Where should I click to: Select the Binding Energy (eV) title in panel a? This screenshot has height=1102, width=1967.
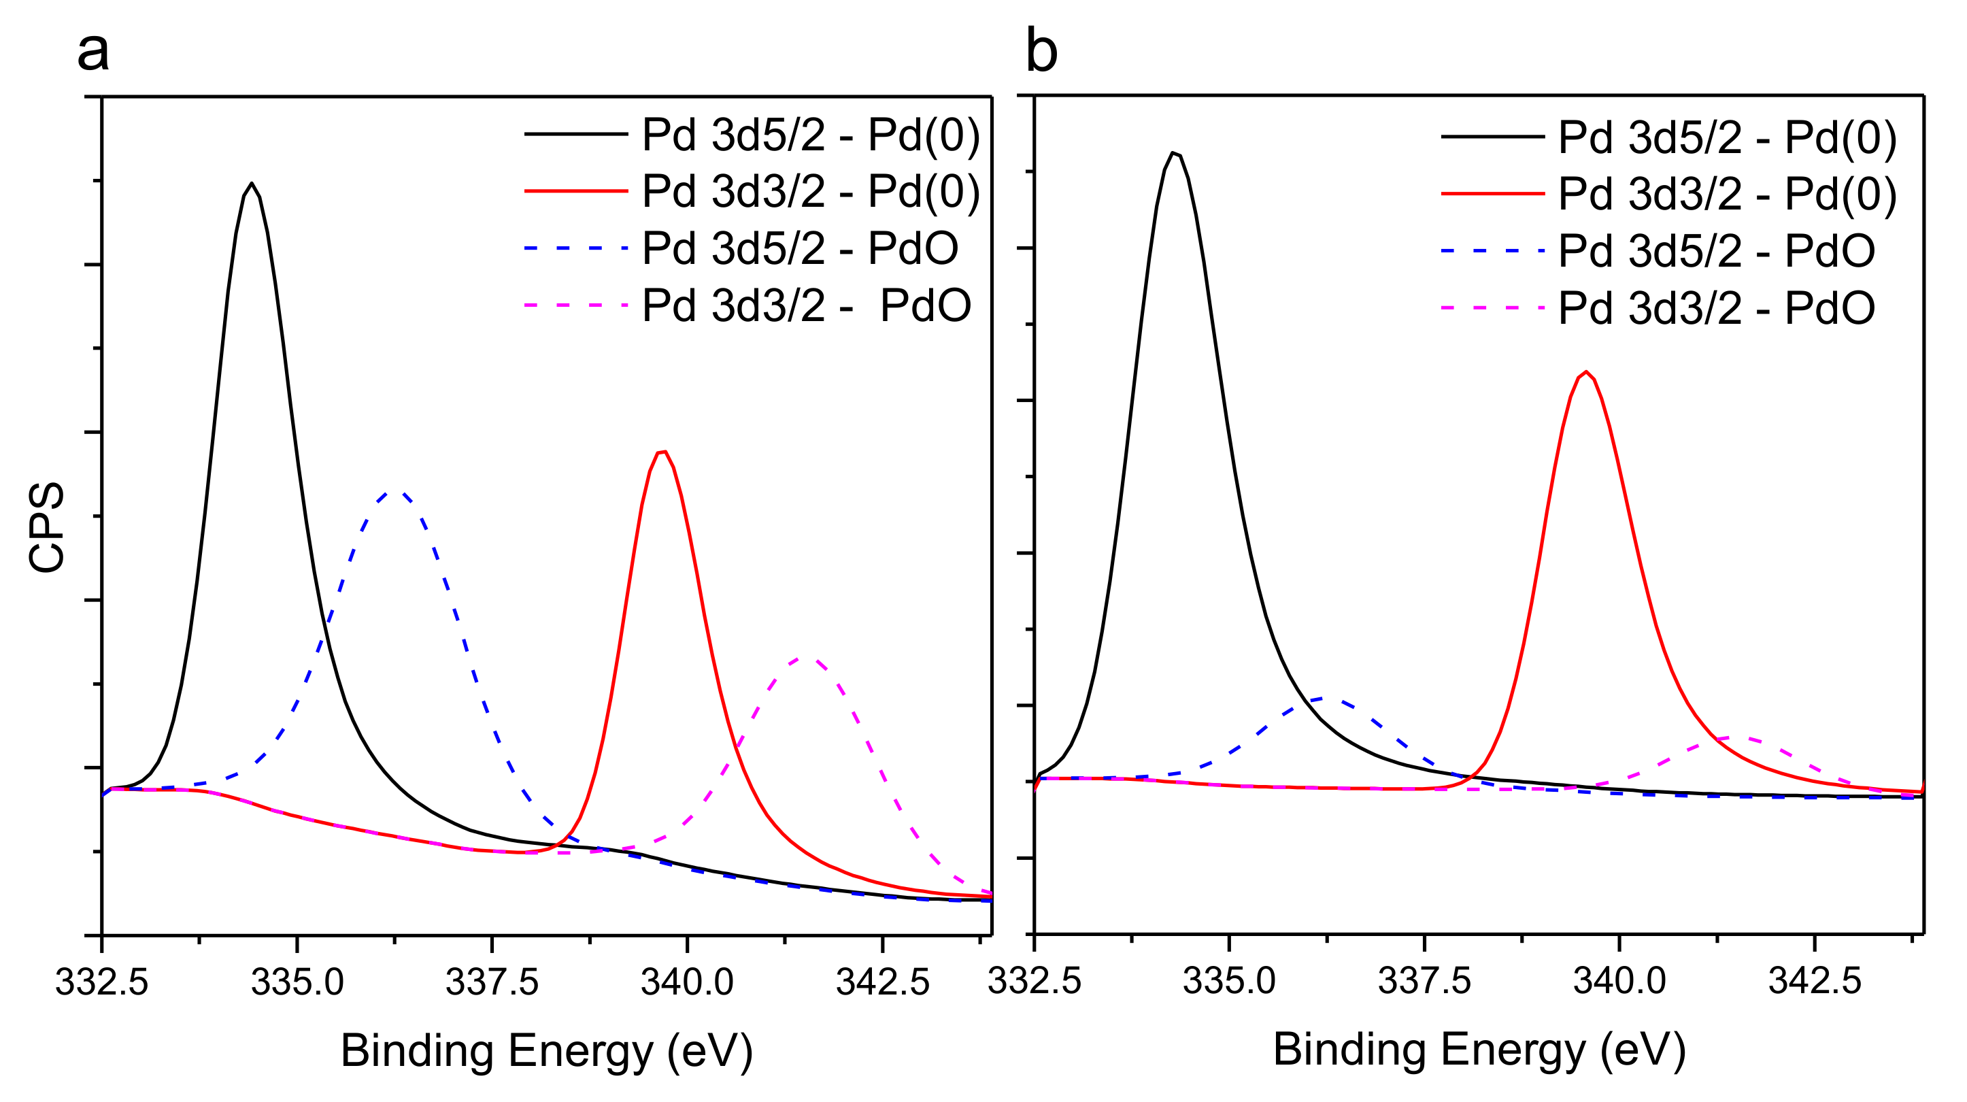[x=547, y=1051]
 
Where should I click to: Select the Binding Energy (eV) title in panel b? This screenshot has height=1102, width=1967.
[x=1479, y=1050]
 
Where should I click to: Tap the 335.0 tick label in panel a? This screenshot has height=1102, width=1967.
[x=297, y=983]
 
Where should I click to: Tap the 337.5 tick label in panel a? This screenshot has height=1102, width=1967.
[x=492, y=983]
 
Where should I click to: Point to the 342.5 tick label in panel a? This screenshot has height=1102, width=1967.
[x=883, y=983]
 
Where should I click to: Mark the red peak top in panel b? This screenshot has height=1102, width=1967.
[x=1587, y=372]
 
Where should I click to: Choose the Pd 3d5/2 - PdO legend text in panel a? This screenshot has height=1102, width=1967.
[x=799, y=248]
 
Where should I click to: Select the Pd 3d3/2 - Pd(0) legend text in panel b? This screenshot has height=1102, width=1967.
[x=1727, y=194]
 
